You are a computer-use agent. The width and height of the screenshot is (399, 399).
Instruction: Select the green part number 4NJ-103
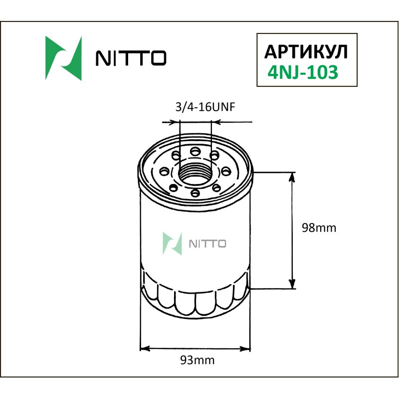point(303,73)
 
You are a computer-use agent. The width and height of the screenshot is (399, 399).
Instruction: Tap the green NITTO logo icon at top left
point(63,58)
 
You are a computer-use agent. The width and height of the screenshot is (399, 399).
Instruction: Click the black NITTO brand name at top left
point(131,59)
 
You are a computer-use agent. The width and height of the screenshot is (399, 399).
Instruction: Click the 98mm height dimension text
point(320,228)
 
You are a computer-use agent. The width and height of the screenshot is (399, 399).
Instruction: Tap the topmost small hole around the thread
point(195,150)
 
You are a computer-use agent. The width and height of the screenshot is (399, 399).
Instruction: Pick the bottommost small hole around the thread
point(195,193)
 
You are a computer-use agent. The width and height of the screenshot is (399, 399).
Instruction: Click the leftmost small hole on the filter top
point(163,171)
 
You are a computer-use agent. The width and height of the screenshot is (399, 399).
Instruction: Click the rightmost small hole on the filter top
point(227,171)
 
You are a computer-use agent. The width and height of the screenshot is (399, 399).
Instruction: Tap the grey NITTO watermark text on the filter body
point(208,244)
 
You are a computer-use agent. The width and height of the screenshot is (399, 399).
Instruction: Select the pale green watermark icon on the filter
point(172,243)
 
